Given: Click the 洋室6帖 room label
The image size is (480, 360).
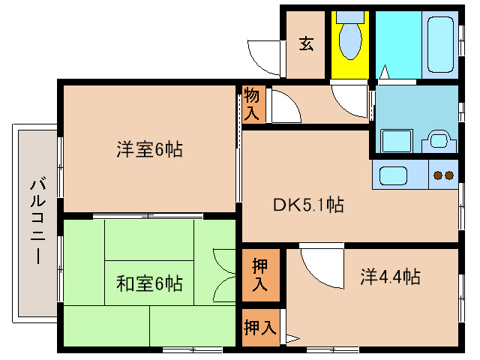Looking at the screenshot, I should tap(149, 149).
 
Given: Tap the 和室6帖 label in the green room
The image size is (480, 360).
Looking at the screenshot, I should tap(149, 283).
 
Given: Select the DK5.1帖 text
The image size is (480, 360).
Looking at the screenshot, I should tap(308, 204).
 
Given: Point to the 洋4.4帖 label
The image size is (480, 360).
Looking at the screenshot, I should tap(388, 277).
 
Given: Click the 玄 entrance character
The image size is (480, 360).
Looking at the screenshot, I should tap(307, 43).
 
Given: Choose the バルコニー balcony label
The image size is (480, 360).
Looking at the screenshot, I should tap(36, 217).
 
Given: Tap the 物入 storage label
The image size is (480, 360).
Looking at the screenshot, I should tap(253, 105).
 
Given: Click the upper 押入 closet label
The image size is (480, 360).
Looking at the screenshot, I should tap(259, 275).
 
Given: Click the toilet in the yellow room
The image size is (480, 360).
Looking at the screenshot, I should tap(349, 39).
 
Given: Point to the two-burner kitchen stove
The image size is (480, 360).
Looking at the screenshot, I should tap(443, 176).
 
